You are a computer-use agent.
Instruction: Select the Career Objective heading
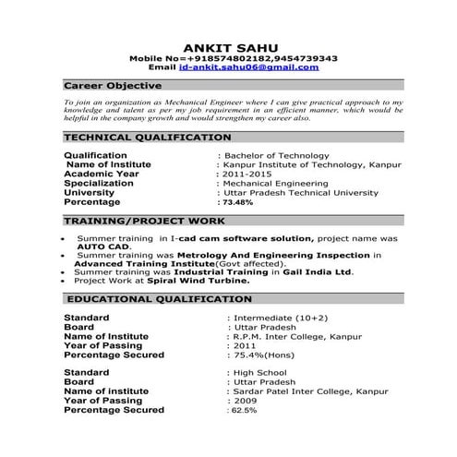tap(102, 85)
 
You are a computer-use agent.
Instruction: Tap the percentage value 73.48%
tap(236, 202)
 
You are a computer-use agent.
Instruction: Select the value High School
tap(259, 373)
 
